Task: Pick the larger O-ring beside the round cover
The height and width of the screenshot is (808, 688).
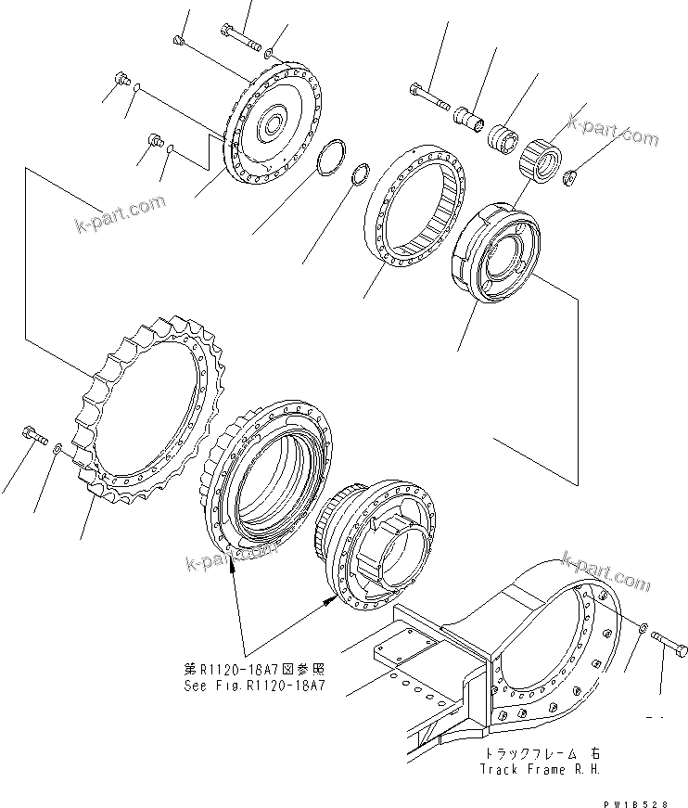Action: [x=330, y=159]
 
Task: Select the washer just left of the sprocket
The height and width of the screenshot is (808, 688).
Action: [x=57, y=449]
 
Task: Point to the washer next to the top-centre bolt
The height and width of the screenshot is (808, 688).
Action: [x=269, y=53]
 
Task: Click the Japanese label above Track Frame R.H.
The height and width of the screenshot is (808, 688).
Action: [x=525, y=754]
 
